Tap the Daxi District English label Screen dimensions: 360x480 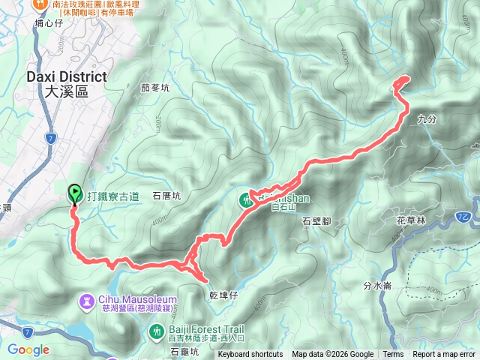coord(66,76)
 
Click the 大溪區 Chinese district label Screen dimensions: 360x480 coord(66,91)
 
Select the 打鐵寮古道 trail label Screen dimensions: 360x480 coord(113,197)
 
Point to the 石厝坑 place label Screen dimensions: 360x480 coord(166,197)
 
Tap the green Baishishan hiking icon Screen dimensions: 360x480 coord(246,200)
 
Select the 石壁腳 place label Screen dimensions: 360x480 coord(316,221)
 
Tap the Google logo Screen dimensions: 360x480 coord(28,349)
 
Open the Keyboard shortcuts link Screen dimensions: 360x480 coord(250,355)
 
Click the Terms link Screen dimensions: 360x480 coord(393,355)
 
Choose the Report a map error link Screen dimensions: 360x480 coord(444,355)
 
